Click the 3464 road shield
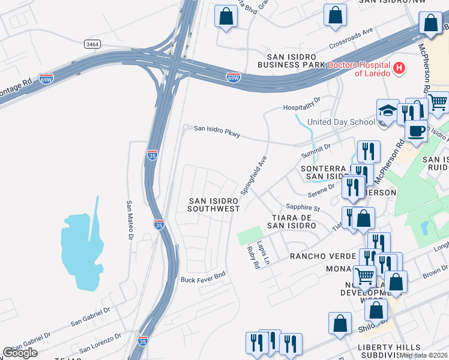click(92, 44)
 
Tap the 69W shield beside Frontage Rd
click(46, 78)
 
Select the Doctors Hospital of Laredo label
click(359, 68)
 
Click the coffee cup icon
click(416, 130)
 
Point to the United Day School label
click(340, 122)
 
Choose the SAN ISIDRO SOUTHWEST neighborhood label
click(213, 205)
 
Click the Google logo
click(20, 353)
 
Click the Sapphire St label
click(303, 206)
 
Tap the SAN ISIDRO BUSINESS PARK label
click(291, 59)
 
